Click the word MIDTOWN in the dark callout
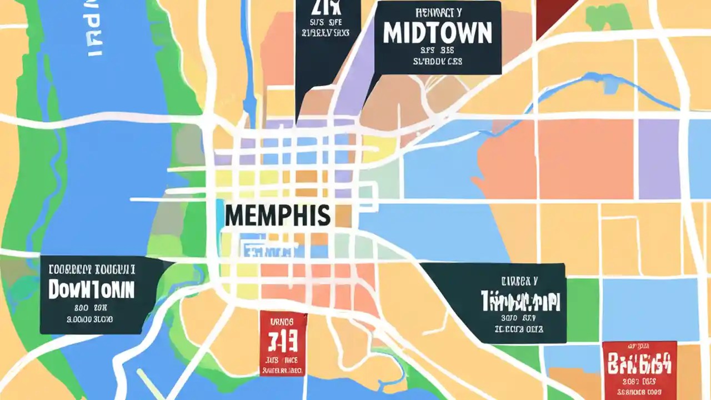438,33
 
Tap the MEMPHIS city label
277,215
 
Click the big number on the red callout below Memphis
283,339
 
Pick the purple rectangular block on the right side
659,159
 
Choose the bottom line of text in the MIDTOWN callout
438,62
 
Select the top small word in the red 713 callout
283,321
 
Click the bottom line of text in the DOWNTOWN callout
89,319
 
